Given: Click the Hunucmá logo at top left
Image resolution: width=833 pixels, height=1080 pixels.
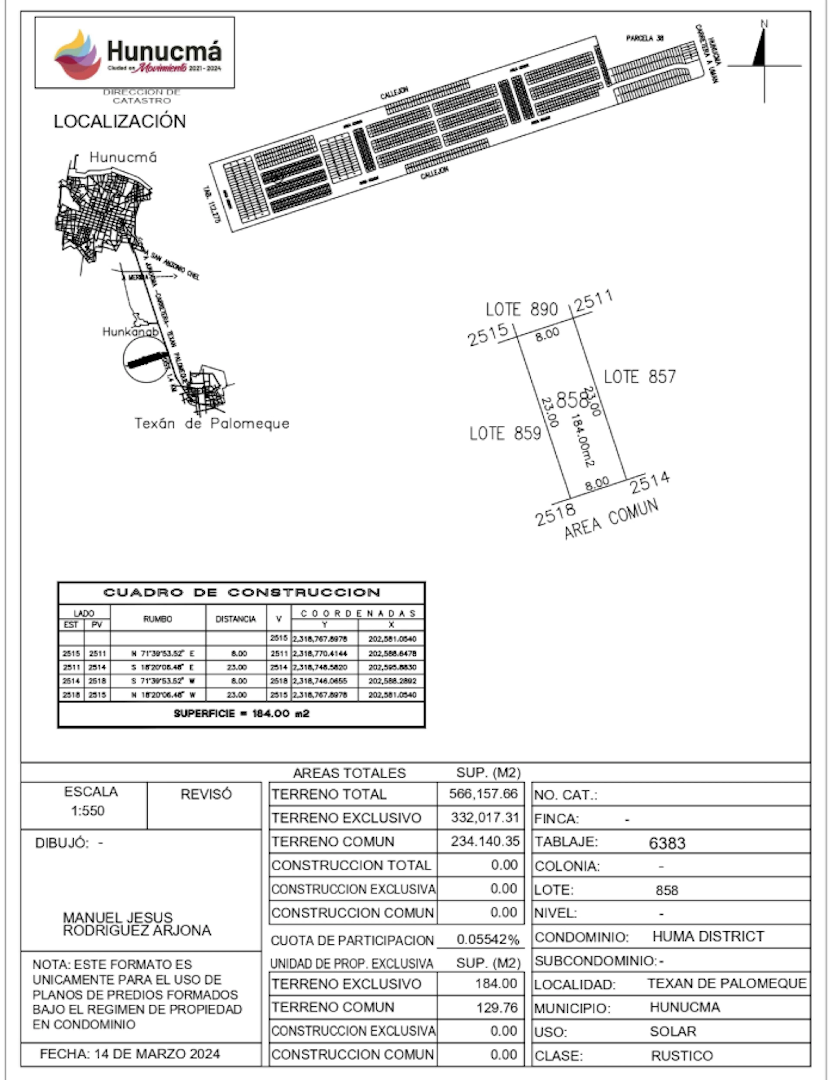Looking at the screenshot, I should pyautogui.click(x=134, y=53).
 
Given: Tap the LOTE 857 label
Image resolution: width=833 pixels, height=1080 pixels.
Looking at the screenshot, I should pyautogui.click(x=640, y=377).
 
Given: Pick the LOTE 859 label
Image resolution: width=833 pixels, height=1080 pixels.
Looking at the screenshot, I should pyautogui.click(x=505, y=434).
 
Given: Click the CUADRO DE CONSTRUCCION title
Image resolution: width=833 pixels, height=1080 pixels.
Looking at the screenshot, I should pyautogui.click(x=241, y=592).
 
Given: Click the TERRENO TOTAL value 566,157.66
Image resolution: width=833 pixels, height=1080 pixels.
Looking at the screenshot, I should pyautogui.click(x=483, y=794).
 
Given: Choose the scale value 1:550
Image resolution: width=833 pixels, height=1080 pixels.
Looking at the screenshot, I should pyautogui.click(x=88, y=811).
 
